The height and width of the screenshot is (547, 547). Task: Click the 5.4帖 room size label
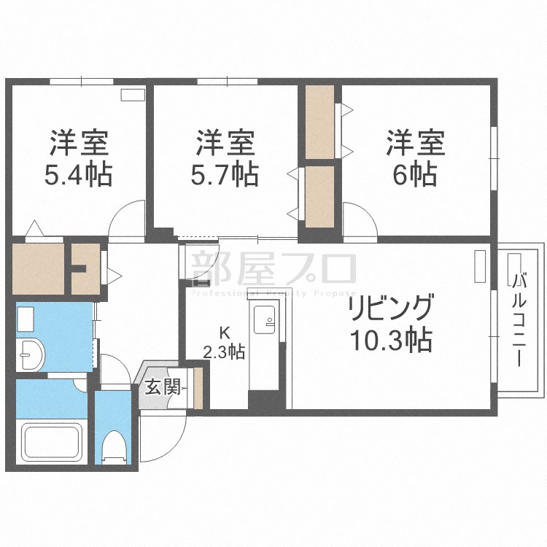79,175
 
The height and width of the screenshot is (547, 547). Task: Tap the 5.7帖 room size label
225,175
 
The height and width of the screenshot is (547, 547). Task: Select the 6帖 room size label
416,175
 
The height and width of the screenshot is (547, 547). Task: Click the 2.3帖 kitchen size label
223,352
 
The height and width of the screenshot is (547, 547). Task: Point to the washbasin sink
30,354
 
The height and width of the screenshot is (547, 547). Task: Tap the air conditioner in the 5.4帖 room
133,94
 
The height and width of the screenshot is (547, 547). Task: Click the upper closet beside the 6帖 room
320,122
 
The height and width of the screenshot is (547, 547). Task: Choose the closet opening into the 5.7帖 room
319,195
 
